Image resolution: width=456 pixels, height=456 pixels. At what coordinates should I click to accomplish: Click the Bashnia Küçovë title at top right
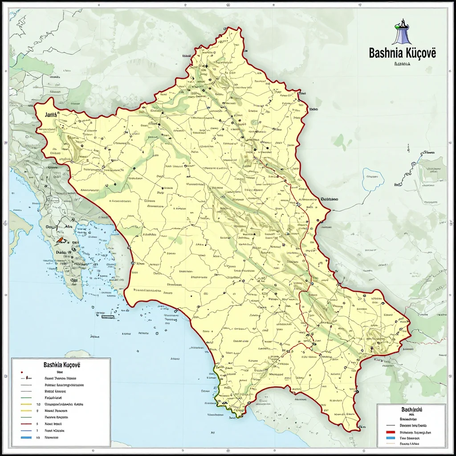click(403, 53)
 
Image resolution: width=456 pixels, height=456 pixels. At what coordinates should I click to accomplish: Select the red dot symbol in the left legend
click(22, 370)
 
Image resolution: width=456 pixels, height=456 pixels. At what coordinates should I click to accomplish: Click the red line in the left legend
click(26, 424)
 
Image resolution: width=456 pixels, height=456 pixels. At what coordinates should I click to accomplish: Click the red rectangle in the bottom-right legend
click(391, 432)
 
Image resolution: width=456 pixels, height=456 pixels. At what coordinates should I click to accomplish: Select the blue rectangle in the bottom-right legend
click(391, 438)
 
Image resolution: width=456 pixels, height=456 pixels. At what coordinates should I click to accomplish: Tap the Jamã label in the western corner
click(51, 114)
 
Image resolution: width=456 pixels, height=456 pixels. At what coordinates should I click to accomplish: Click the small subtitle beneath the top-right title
click(402, 64)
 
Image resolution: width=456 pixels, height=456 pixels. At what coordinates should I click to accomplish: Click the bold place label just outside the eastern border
click(329, 199)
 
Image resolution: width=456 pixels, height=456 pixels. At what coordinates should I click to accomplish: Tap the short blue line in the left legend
click(26, 431)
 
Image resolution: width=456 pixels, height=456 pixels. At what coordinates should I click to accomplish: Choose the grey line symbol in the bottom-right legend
click(391, 426)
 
